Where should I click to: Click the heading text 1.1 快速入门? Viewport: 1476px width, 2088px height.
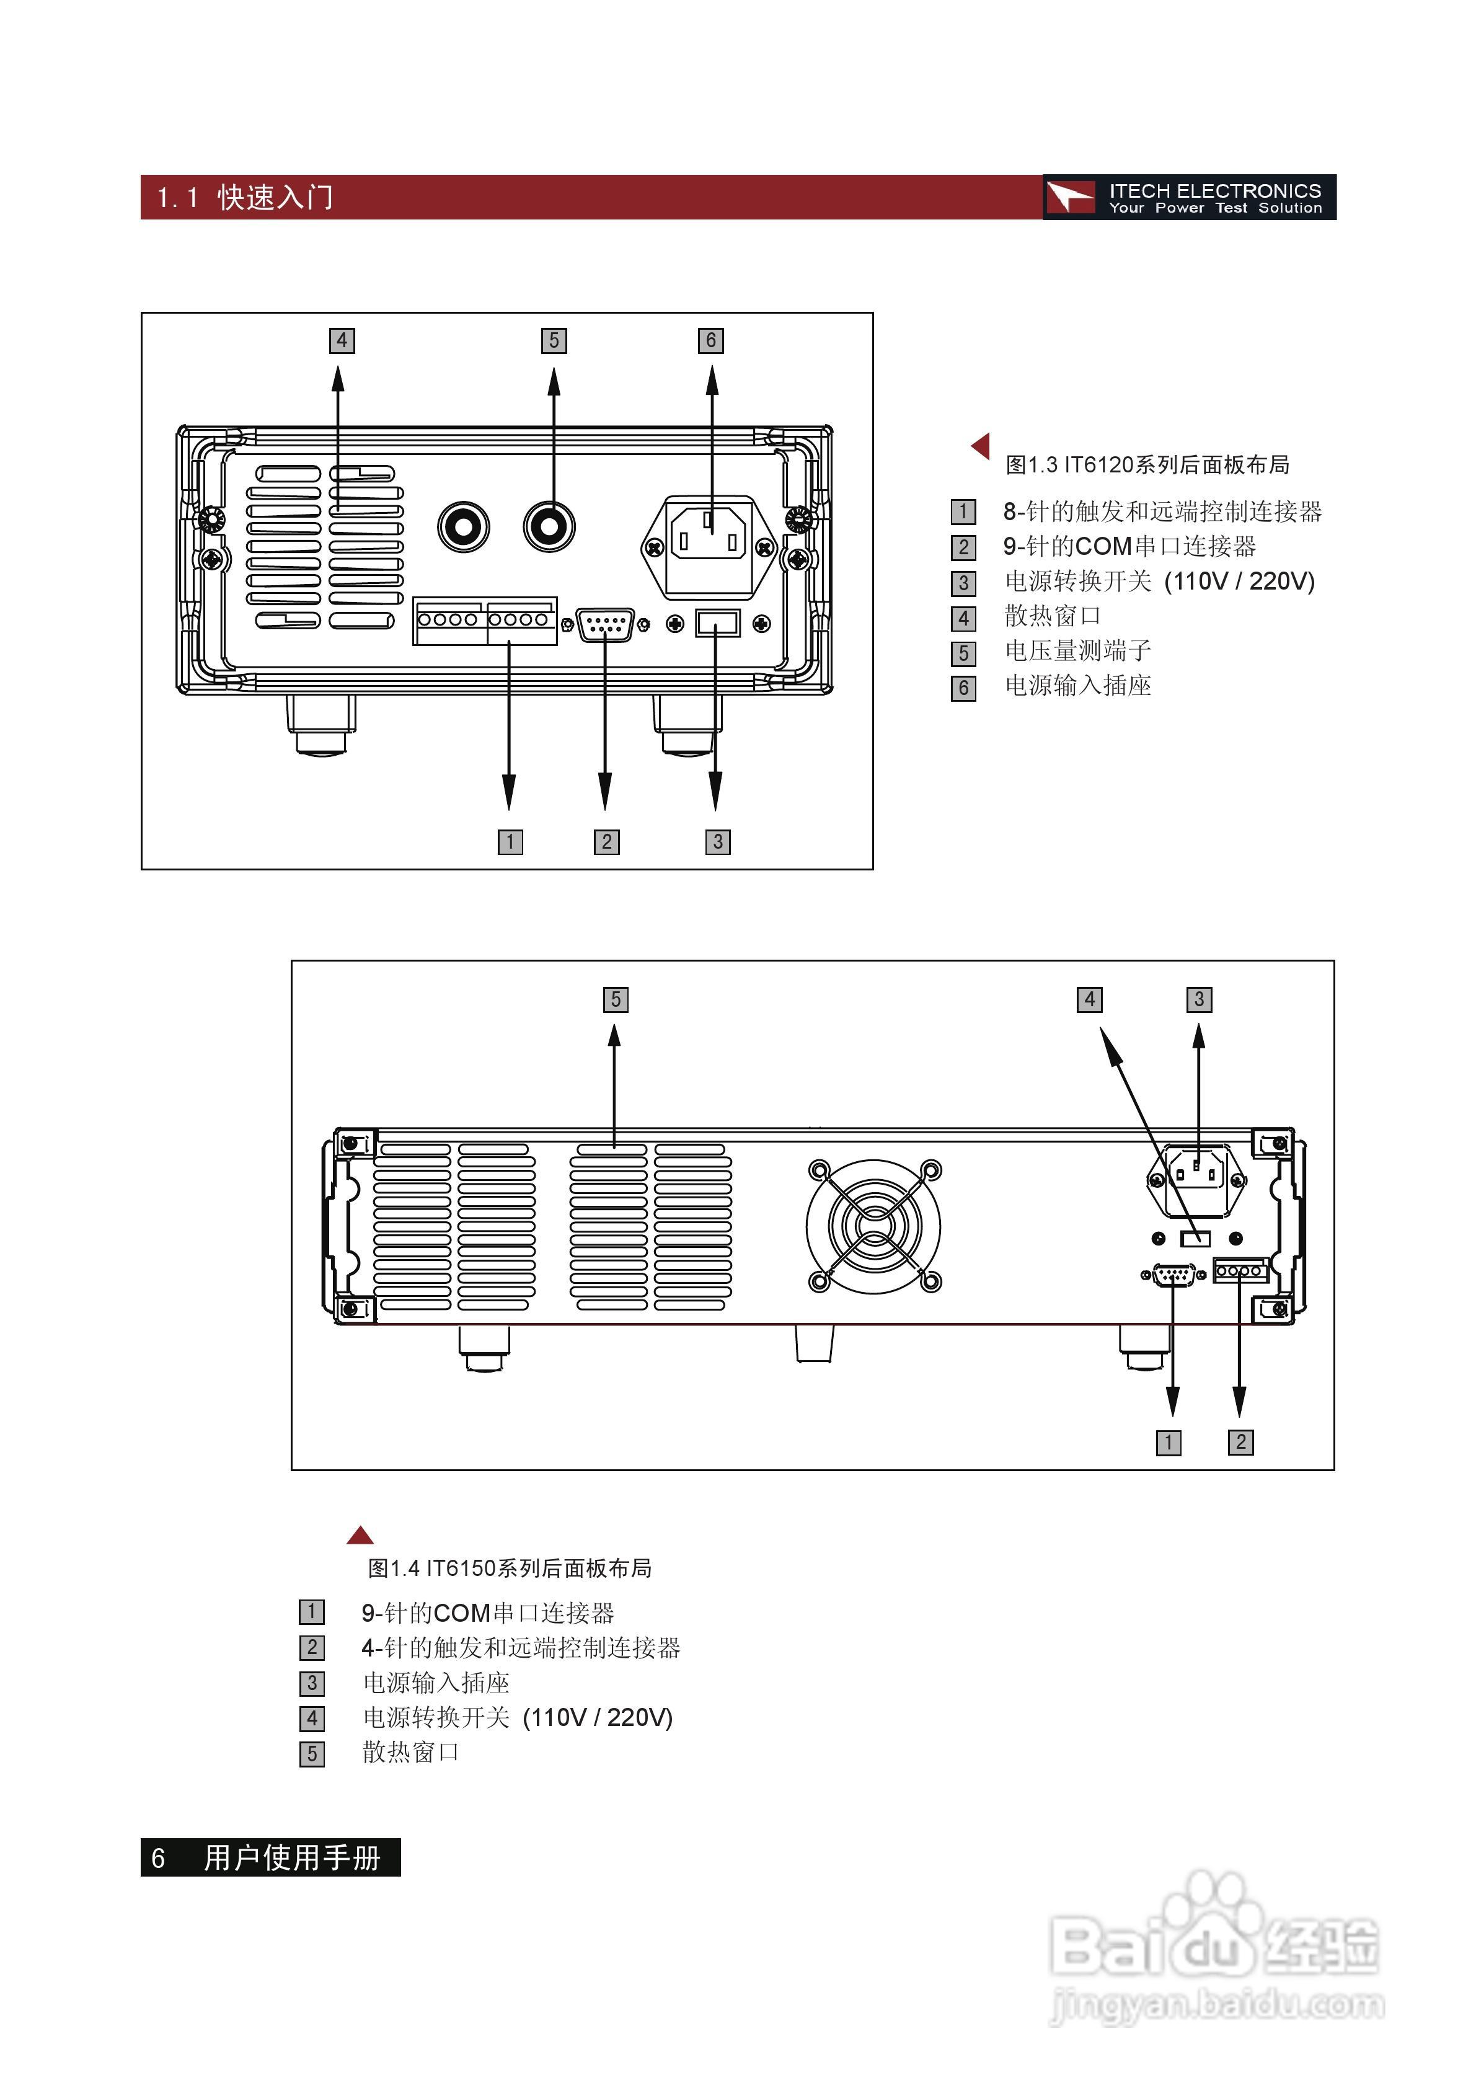(245, 197)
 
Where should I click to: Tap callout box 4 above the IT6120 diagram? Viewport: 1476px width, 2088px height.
(342, 341)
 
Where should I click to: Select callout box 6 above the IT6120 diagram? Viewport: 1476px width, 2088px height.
(711, 341)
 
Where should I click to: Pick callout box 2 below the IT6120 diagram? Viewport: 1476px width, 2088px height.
(607, 842)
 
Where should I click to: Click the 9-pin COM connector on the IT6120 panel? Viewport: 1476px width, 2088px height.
(606, 625)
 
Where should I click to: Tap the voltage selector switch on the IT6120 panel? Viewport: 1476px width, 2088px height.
(717, 624)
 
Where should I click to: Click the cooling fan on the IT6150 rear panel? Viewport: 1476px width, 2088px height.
(874, 1226)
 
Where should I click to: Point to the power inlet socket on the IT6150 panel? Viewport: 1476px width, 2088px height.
(1197, 1180)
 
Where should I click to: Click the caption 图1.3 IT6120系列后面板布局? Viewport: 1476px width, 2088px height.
(1147, 466)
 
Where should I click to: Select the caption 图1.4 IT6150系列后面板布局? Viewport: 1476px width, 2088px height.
(510, 1568)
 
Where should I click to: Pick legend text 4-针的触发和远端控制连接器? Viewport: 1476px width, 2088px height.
(521, 1648)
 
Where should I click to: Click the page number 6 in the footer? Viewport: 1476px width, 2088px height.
(158, 1859)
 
